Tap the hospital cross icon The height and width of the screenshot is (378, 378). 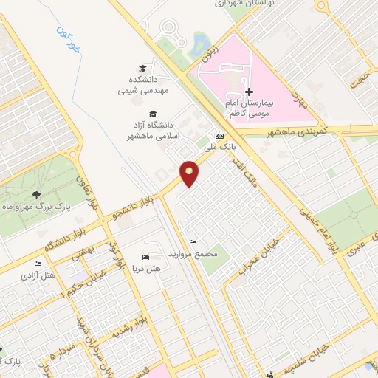pyautogui.click(x=249, y=91)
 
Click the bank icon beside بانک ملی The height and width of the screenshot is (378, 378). pyautogui.click(x=219, y=136)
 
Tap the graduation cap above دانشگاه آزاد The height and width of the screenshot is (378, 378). pyautogui.click(x=153, y=114)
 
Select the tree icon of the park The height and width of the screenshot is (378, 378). pyautogui.click(x=36, y=195)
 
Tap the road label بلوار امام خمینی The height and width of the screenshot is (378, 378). pyautogui.click(x=318, y=225)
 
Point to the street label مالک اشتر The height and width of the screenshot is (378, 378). pyautogui.click(x=239, y=169)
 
